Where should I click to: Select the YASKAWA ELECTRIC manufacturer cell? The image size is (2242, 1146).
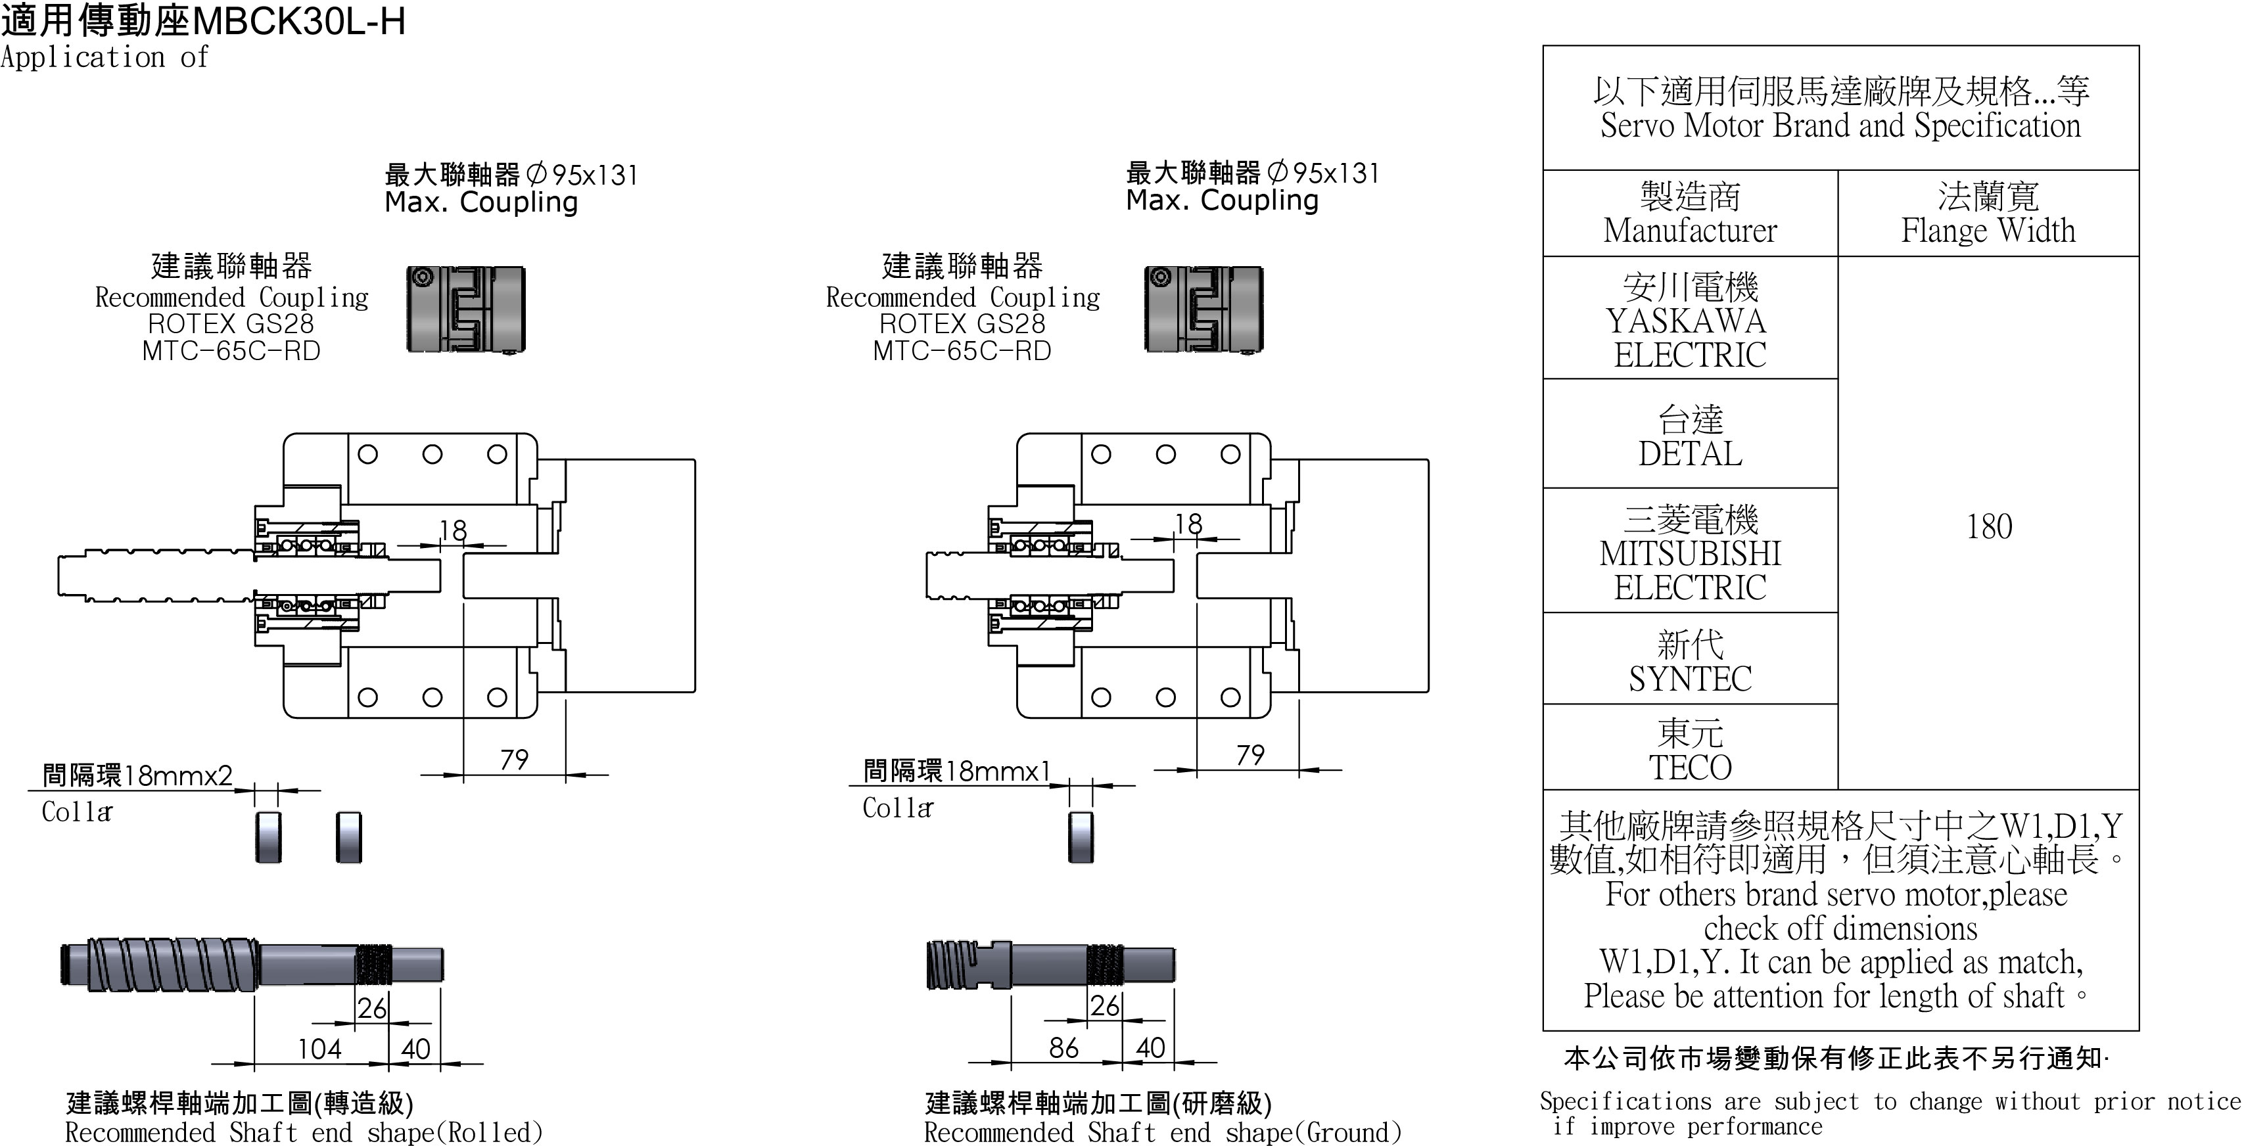pyautogui.click(x=1689, y=320)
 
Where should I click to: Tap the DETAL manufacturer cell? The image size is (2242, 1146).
pyautogui.click(x=1689, y=436)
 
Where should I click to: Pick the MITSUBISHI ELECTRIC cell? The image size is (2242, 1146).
pyautogui.click(x=1689, y=553)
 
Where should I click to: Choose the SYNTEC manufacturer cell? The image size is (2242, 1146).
pyautogui.click(x=1689, y=661)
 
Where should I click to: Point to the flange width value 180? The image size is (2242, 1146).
pyautogui.click(x=1989, y=526)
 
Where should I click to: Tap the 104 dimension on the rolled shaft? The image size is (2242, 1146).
pyautogui.click(x=319, y=1049)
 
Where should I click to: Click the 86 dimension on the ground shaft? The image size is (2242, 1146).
pyautogui.click(x=1063, y=1047)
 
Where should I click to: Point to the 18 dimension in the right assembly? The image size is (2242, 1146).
pyautogui.click(x=1188, y=524)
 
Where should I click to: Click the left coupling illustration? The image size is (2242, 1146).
pyautogui.click(x=465, y=309)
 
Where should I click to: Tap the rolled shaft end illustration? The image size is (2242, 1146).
pyautogui.click(x=252, y=964)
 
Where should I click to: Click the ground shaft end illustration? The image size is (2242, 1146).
pyautogui.click(x=1050, y=964)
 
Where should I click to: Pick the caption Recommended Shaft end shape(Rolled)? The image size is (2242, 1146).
pyautogui.click(x=304, y=1132)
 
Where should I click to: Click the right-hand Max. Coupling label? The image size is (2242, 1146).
pyautogui.click(x=1222, y=201)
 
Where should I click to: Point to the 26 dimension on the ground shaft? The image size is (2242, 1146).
pyautogui.click(x=1104, y=1006)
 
